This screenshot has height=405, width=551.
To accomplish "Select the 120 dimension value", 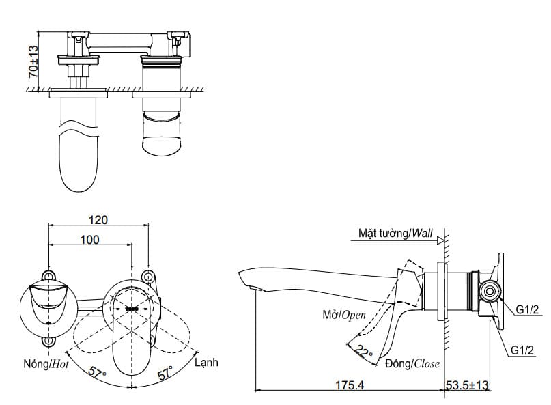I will point(99,220).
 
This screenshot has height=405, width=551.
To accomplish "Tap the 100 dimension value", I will point(89,240).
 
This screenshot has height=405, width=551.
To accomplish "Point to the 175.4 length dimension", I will point(350,386).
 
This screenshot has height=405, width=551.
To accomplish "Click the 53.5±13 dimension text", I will point(468,386).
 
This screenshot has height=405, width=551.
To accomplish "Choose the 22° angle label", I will point(365,352).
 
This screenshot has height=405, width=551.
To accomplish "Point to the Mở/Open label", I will point(345,315).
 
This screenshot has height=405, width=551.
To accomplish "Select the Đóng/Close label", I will point(412,363).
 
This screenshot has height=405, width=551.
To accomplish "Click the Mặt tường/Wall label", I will point(396,234).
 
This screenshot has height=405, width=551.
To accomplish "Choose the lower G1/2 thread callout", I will point(524,350).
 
